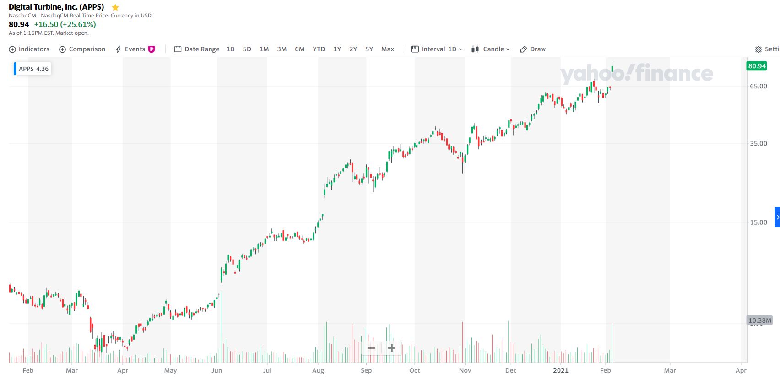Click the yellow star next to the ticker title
(115, 7)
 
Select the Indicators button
(29, 49)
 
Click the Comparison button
(82, 49)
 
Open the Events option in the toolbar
(135, 49)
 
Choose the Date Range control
(197, 49)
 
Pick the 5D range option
(247, 49)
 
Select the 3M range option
(282, 49)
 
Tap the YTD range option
(319, 49)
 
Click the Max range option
(387, 49)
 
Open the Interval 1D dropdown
(437, 49)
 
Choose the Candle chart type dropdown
(491, 49)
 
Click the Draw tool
(533, 49)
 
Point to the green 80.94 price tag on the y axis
(757, 66)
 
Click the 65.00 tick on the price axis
(758, 86)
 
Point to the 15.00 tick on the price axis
(758, 222)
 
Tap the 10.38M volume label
(759, 320)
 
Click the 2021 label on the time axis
(560, 370)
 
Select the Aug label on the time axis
(318, 370)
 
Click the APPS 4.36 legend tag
(33, 69)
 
